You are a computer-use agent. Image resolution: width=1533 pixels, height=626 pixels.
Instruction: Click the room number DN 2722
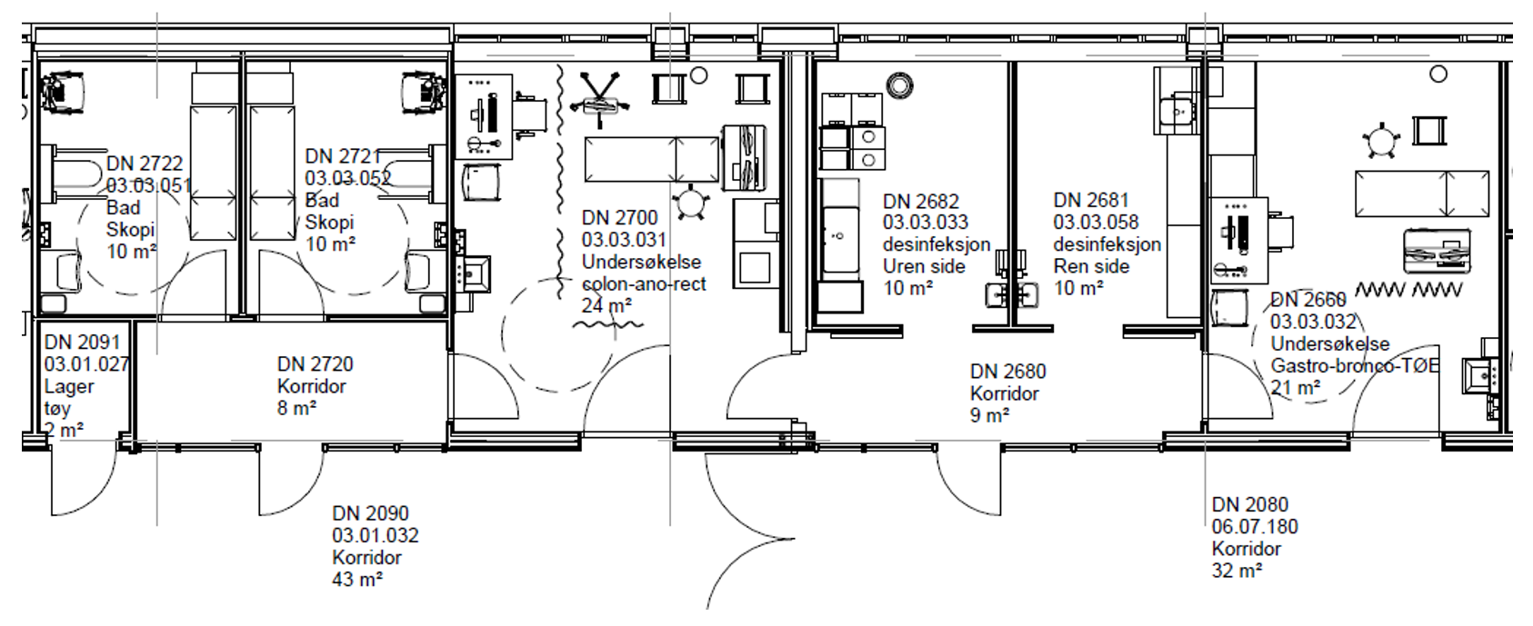click(x=145, y=164)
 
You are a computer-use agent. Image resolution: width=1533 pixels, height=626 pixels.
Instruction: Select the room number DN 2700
click(x=619, y=218)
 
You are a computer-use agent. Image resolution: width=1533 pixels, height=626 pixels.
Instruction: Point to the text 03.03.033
click(x=925, y=223)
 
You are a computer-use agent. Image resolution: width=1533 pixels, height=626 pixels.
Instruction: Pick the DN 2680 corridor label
click(x=1007, y=372)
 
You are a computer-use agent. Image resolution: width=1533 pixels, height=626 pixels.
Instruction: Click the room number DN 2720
click(x=315, y=364)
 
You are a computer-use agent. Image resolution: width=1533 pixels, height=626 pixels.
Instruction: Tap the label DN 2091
click(x=82, y=343)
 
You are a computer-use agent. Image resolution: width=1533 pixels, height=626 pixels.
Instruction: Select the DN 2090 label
click(x=370, y=514)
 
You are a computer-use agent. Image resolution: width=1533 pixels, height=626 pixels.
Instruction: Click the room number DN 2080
click(x=1249, y=505)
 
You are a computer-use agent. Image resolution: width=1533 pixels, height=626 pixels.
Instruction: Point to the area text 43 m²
click(x=356, y=580)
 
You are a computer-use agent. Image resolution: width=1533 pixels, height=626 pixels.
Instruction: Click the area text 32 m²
click(x=1237, y=571)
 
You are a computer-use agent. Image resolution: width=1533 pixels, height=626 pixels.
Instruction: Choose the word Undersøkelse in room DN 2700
click(x=641, y=263)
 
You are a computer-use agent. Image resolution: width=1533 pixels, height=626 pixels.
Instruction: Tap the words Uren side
click(x=924, y=266)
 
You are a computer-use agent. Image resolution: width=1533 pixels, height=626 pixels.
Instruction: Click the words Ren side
click(x=1091, y=266)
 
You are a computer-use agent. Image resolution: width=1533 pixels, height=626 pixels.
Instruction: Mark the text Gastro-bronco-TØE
click(x=1354, y=366)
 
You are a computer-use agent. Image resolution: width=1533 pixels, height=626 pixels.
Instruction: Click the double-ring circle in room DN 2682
click(x=899, y=86)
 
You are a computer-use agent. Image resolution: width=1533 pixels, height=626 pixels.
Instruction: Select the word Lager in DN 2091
click(x=69, y=386)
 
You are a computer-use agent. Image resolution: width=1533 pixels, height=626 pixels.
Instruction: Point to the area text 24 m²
click(x=606, y=306)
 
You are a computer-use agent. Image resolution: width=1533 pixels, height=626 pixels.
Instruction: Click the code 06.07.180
click(x=1255, y=527)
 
